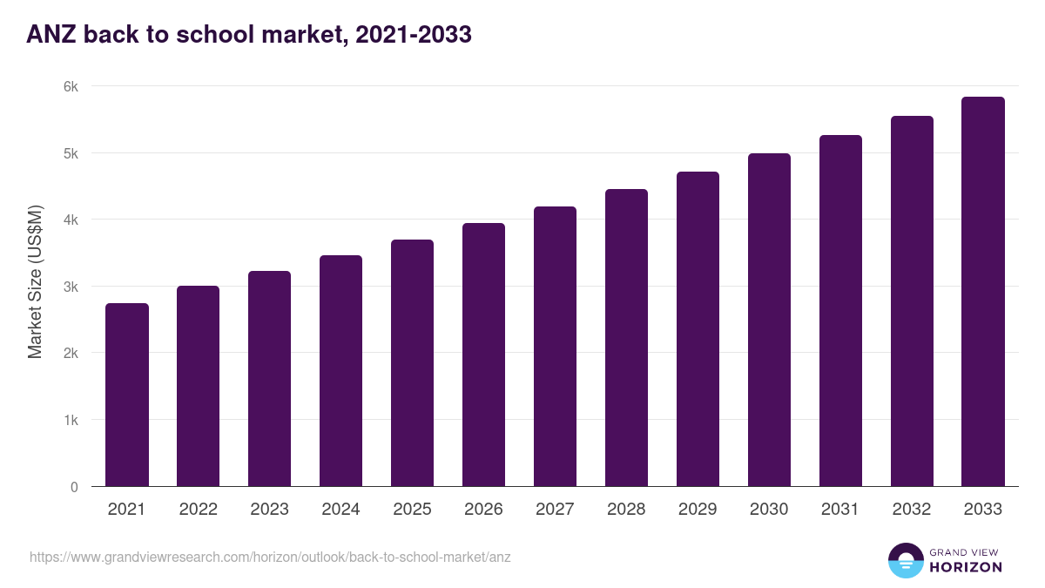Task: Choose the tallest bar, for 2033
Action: [x=983, y=292]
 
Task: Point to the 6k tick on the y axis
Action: [x=70, y=86]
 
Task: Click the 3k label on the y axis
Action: [x=70, y=287]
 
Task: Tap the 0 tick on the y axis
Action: [x=74, y=487]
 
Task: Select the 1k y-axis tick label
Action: [x=70, y=420]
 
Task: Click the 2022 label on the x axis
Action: [x=199, y=510]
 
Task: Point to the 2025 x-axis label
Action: [x=412, y=510]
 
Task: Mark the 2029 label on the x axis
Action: [x=698, y=510]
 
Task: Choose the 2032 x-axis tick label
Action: [x=912, y=510]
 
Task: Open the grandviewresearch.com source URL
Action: [x=270, y=557]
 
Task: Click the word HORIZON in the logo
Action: [x=966, y=567]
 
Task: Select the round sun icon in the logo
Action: [x=905, y=560]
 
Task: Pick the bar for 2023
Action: [x=269, y=379]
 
